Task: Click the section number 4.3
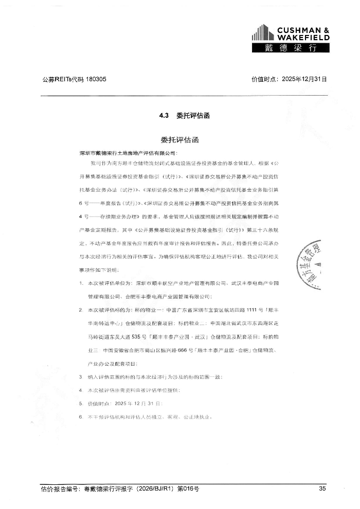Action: (164, 116)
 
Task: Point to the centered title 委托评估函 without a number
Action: (179, 140)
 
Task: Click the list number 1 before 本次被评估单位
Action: (81, 283)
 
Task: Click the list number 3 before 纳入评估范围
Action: (81, 377)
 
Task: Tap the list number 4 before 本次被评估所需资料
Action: (81, 391)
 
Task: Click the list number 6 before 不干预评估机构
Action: (81, 417)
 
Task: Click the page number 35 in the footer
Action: (322, 489)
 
